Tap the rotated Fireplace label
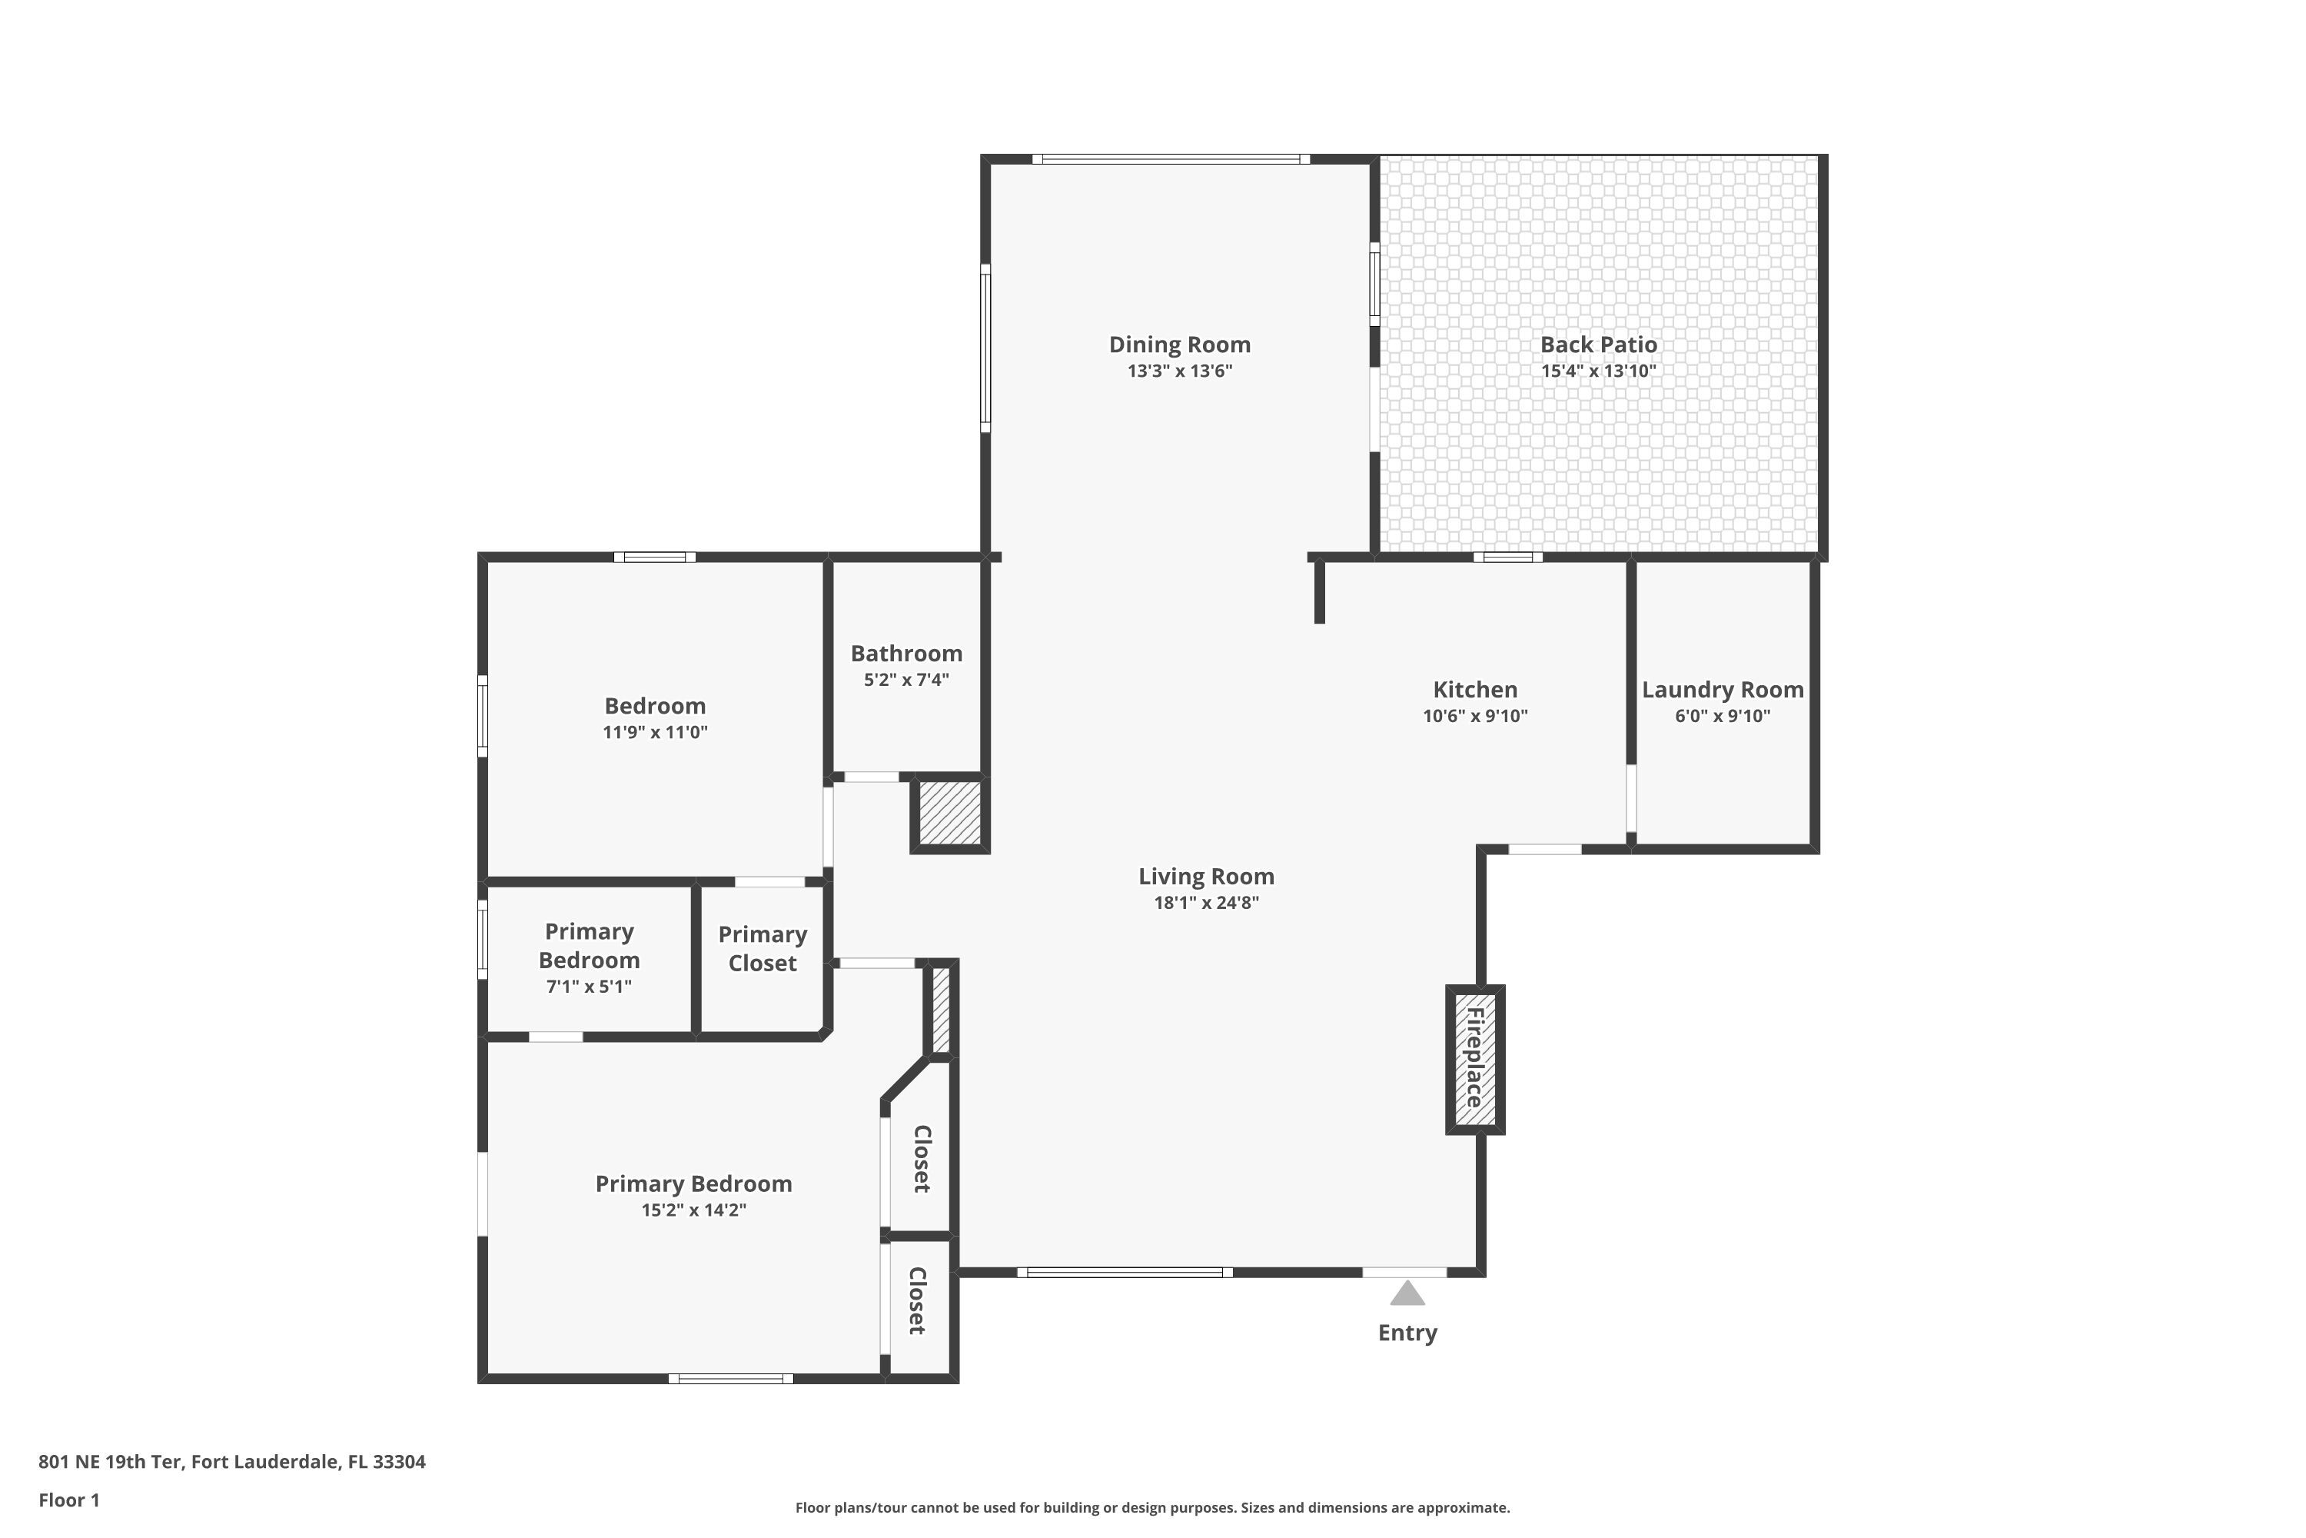(x=1474, y=1057)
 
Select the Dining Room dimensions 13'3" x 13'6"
(x=1179, y=371)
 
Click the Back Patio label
(x=1598, y=345)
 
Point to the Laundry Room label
(x=1723, y=690)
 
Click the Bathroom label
(x=906, y=653)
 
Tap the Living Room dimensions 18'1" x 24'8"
(x=1206, y=902)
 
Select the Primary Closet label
(x=762, y=948)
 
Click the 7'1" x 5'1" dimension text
(x=588, y=987)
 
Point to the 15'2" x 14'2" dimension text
(x=693, y=1210)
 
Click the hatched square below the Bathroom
(x=950, y=813)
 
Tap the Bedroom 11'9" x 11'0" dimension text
(x=655, y=732)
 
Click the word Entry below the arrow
(x=1407, y=1333)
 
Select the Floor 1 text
(x=68, y=1500)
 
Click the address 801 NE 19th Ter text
(x=231, y=1462)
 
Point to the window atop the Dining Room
(x=1171, y=159)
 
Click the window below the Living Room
(x=1125, y=1272)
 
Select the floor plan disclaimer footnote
(x=1152, y=1507)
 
